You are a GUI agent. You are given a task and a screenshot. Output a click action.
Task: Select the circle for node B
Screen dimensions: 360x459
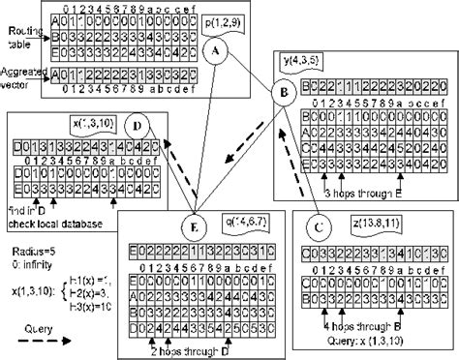click(x=284, y=95)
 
